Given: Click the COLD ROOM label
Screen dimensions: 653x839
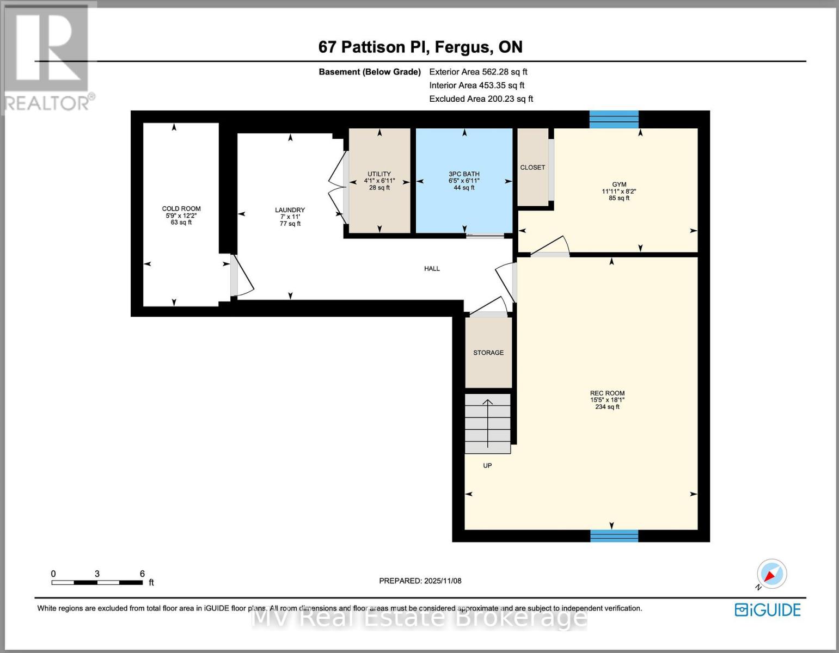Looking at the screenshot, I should (x=181, y=209).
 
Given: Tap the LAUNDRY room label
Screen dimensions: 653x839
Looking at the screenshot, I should (x=290, y=210).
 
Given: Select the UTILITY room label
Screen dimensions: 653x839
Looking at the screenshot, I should (x=379, y=174).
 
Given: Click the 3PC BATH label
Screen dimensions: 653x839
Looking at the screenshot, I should (x=464, y=174).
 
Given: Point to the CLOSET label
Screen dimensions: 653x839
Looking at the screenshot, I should (x=532, y=168).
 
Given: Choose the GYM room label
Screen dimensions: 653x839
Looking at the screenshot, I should (x=619, y=185).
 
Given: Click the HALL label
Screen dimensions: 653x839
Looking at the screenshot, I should (x=432, y=269).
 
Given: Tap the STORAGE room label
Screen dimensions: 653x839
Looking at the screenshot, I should (x=488, y=353).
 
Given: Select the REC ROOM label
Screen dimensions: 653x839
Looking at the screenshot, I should (x=607, y=393).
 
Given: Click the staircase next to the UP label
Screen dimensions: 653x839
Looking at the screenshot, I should (x=487, y=424).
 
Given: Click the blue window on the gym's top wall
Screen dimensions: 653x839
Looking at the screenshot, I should (x=614, y=119).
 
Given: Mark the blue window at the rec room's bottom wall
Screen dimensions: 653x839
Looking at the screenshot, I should (x=614, y=536).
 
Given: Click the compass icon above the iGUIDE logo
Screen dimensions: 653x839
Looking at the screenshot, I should (x=771, y=574).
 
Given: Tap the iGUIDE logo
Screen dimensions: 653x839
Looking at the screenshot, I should (x=768, y=610).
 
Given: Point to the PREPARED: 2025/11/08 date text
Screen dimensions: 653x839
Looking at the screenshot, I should (x=420, y=581).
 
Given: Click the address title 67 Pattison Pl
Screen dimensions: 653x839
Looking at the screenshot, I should (x=420, y=47).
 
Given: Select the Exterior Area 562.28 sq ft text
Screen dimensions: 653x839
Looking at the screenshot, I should (x=478, y=72).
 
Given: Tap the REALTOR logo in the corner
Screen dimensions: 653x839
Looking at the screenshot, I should (x=48, y=57).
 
